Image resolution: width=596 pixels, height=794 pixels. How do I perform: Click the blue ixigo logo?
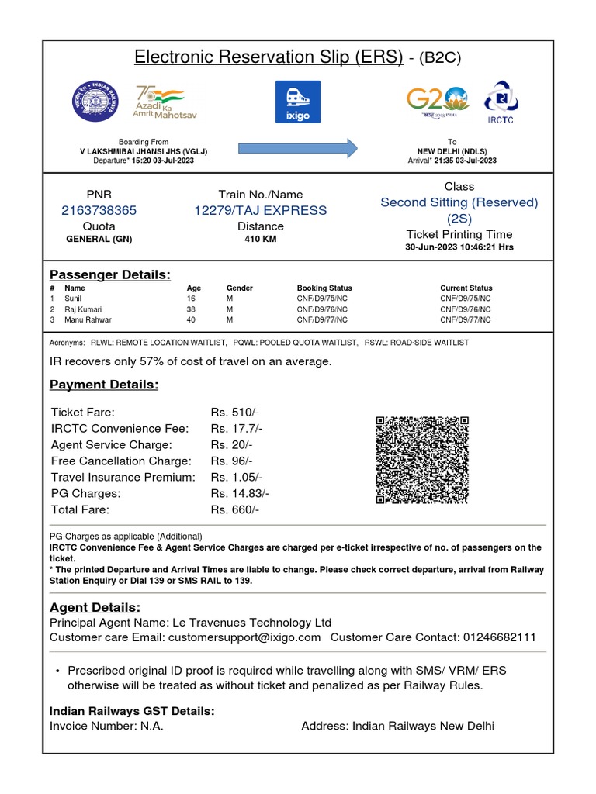tap(298, 102)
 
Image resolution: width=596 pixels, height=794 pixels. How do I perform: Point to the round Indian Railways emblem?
tap(99, 102)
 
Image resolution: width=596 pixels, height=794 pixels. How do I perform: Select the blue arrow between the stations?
tap(297, 147)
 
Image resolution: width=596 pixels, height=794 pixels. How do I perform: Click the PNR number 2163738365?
tap(99, 210)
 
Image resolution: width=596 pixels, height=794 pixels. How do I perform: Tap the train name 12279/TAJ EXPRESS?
tap(261, 210)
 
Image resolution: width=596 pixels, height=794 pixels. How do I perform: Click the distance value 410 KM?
tap(261, 240)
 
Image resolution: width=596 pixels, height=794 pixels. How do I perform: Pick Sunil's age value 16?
tap(191, 298)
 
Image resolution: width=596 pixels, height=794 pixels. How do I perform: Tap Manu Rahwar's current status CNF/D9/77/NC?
tap(466, 319)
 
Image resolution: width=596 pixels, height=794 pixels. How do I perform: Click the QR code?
tap(422, 460)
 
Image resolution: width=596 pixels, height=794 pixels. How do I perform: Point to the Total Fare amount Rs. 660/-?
tap(234, 509)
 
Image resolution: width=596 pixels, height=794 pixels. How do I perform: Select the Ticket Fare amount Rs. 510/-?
tap(234, 412)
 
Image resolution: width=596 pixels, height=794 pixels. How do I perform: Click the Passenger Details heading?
tap(109, 274)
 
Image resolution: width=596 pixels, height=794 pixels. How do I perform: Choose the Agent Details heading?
tap(95, 607)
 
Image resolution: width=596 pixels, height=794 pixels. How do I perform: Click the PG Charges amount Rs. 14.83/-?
tap(240, 493)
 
